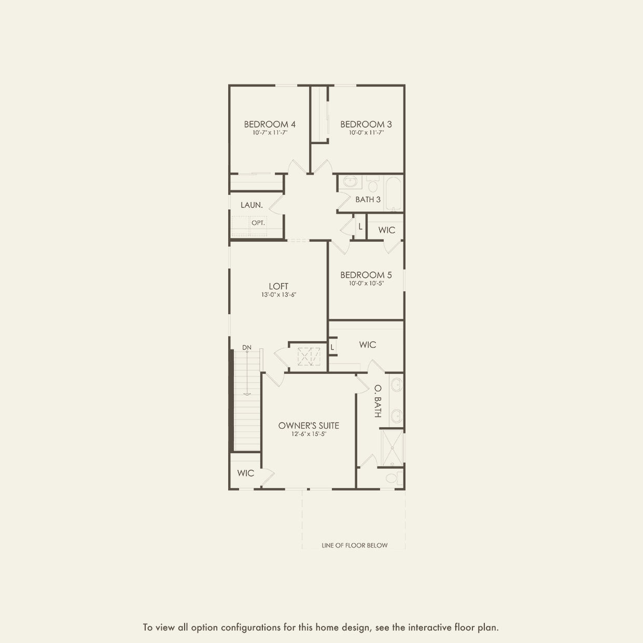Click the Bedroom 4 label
pyautogui.click(x=270, y=124)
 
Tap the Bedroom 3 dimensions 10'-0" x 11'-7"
pyautogui.click(x=366, y=133)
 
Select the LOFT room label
pyautogui.click(x=278, y=286)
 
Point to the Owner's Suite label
pyautogui.click(x=309, y=425)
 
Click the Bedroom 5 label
pyautogui.click(x=366, y=275)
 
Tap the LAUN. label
pyautogui.click(x=251, y=205)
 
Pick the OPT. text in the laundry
pyautogui.click(x=258, y=223)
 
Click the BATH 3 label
pyautogui.click(x=368, y=200)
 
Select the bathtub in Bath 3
pyautogui.click(x=394, y=193)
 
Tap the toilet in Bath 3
pyautogui.click(x=372, y=184)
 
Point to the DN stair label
pyautogui.click(x=247, y=347)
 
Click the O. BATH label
pyautogui.click(x=378, y=401)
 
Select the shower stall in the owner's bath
pyautogui.click(x=393, y=448)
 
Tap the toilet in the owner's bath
pyautogui.click(x=394, y=478)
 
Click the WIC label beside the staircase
pyautogui.click(x=246, y=473)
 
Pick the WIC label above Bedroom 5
pyautogui.click(x=387, y=230)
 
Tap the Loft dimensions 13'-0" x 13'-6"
pyautogui.click(x=279, y=295)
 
